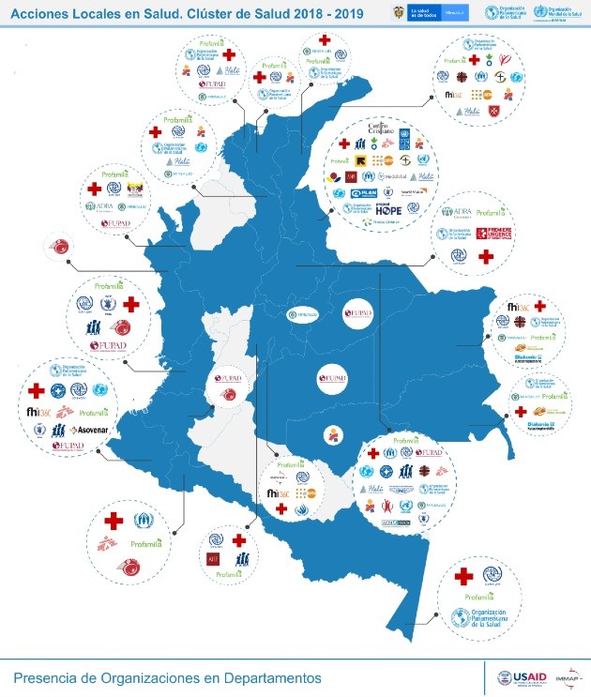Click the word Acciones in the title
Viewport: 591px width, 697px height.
pyautogui.click(x=38, y=12)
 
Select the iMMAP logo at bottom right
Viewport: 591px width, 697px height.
pyautogui.click(x=566, y=677)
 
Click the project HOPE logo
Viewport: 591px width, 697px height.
pyautogui.click(x=389, y=211)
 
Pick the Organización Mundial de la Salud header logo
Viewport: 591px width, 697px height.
pyautogui.click(x=553, y=13)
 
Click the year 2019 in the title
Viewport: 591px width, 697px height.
pyautogui.click(x=345, y=12)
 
